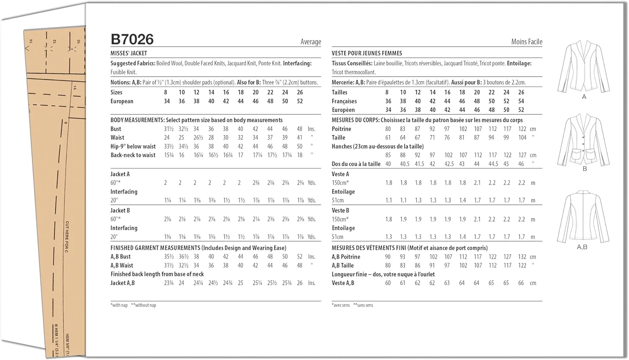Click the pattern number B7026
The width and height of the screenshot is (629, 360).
point(132,39)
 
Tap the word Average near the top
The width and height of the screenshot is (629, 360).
point(310,42)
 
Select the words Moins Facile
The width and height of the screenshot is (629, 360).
point(526,42)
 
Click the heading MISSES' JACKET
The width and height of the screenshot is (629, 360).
point(129,53)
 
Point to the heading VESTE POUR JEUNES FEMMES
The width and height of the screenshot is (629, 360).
point(366,53)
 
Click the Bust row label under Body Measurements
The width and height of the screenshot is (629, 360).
point(116,129)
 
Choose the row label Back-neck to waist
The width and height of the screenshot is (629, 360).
point(133,155)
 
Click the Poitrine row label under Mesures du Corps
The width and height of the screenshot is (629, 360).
point(341,129)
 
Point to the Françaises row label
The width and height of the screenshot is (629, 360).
point(344,101)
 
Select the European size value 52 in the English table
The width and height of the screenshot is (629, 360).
point(300,101)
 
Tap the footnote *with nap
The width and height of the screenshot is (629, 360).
point(119,305)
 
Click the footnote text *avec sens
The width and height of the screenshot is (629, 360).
point(340,305)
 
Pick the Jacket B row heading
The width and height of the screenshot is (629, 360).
point(120,211)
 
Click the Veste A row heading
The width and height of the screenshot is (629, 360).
point(340,174)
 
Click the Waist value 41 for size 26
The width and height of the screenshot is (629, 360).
point(299,138)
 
